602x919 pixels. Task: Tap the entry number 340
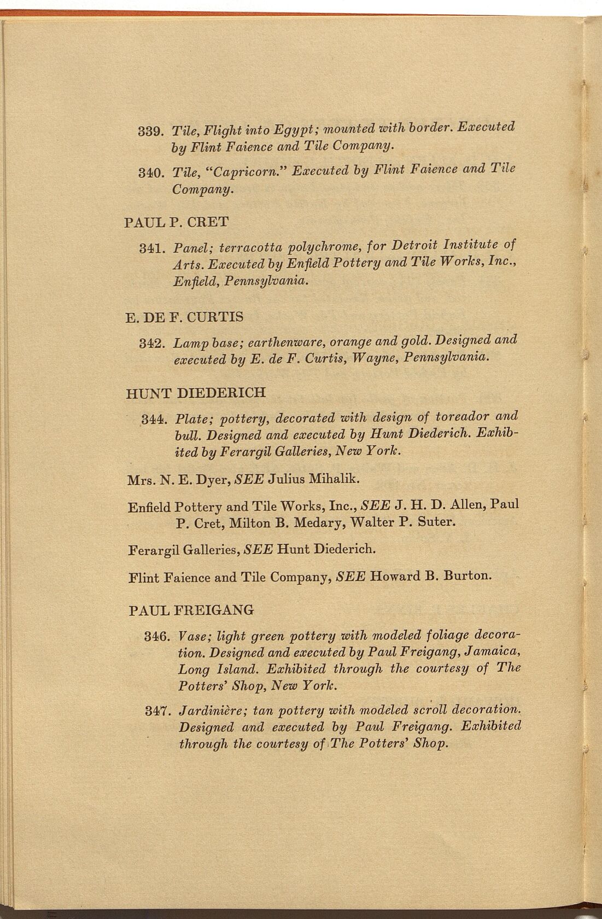tap(149, 174)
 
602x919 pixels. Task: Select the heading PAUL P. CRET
tap(177, 223)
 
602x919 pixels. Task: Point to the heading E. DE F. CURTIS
tap(185, 317)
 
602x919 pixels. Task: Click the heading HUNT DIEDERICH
tap(196, 393)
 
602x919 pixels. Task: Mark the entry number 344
tap(153, 420)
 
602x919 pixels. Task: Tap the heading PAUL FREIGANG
tap(191, 610)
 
